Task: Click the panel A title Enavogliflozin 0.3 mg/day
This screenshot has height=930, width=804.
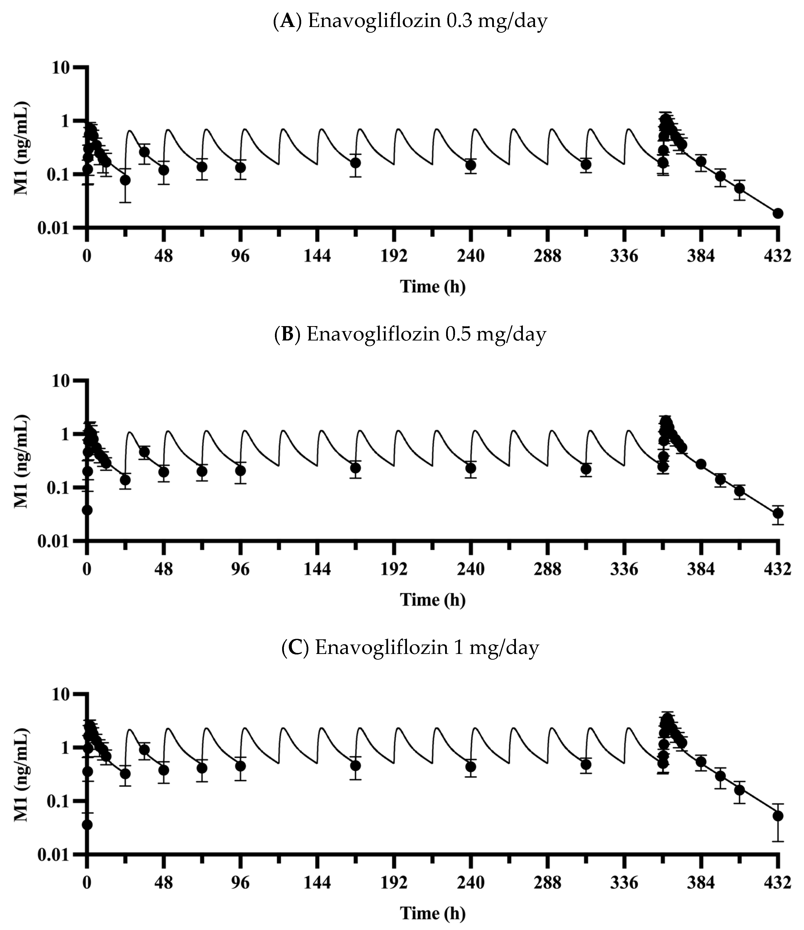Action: click(410, 21)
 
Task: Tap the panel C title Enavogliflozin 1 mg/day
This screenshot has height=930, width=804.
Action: click(410, 648)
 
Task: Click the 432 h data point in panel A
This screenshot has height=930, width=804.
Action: click(778, 213)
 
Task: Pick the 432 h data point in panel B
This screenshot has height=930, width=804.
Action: click(778, 513)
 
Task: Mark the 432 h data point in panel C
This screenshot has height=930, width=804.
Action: click(778, 828)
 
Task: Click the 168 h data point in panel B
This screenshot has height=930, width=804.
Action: click(356, 468)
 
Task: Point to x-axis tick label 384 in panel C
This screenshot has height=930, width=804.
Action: click(701, 883)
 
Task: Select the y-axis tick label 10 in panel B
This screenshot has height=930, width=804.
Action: click(62, 381)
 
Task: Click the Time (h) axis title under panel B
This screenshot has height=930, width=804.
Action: click(432, 600)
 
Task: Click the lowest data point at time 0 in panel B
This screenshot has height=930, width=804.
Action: click(87, 510)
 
